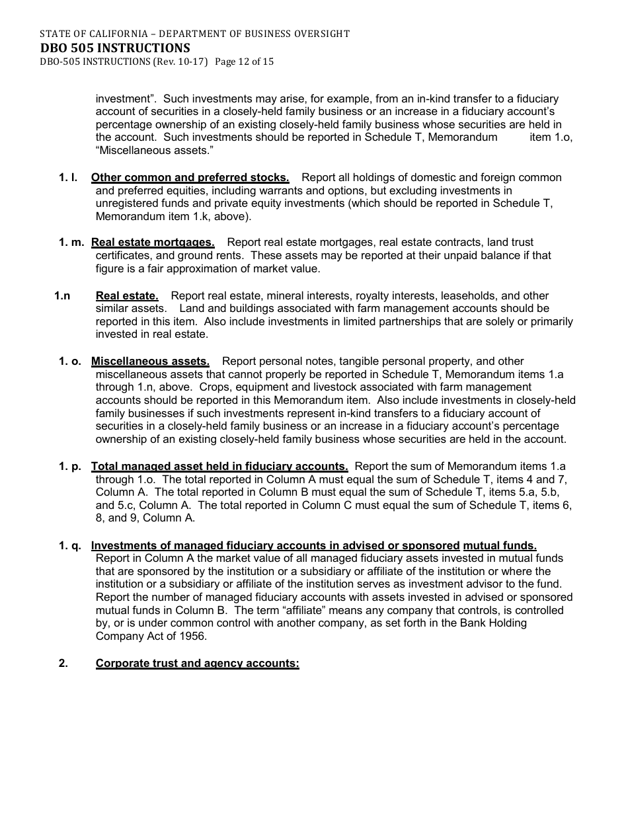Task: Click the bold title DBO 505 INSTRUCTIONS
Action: coord(115,48)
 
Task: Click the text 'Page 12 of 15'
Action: coord(244,62)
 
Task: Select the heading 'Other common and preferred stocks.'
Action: coord(190,177)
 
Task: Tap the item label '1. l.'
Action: coord(69,177)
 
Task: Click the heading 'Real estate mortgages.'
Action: coord(153,242)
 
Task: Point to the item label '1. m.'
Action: coord(71,242)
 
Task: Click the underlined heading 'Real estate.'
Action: coord(127,295)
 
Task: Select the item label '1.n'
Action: coord(62,295)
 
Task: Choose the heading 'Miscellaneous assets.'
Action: coord(150,361)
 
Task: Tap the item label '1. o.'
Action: coord(70,361)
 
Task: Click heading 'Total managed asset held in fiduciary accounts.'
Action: coord(219,466)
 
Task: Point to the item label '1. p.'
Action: coord(70,466)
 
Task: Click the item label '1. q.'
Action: coord(70,545)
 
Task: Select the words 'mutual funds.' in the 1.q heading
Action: coord(500,545)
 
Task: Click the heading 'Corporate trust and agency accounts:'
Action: coord(197,663)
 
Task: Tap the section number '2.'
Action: coord(63,663)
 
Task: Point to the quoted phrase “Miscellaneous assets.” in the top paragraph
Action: coord(155,151)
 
